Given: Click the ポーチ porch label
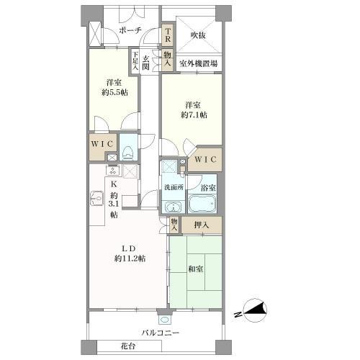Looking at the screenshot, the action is (130, 31).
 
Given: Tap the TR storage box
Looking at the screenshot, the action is (168, 35).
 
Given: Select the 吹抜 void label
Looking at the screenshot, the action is (198, 35).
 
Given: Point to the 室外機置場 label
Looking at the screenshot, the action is (199, 63).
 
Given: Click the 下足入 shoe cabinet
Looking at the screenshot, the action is (135, 61).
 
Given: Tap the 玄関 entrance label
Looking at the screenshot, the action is (145, 63).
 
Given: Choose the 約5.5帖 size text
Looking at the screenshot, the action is (114, 92).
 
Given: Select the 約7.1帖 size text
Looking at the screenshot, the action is (194, 115).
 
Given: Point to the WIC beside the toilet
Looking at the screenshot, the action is (102, 144).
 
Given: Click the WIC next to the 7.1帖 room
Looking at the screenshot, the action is (206, 159).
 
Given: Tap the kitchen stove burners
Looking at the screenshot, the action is (112, 171).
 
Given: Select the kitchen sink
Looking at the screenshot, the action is (97, 198).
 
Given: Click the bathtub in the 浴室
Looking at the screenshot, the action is (202, 204).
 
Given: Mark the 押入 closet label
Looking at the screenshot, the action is (202, 225).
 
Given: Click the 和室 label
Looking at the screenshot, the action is (196, 269).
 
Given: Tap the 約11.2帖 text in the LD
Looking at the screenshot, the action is (130, 258).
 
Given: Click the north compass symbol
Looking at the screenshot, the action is (255, 310).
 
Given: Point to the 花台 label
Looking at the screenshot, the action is (128, 346).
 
